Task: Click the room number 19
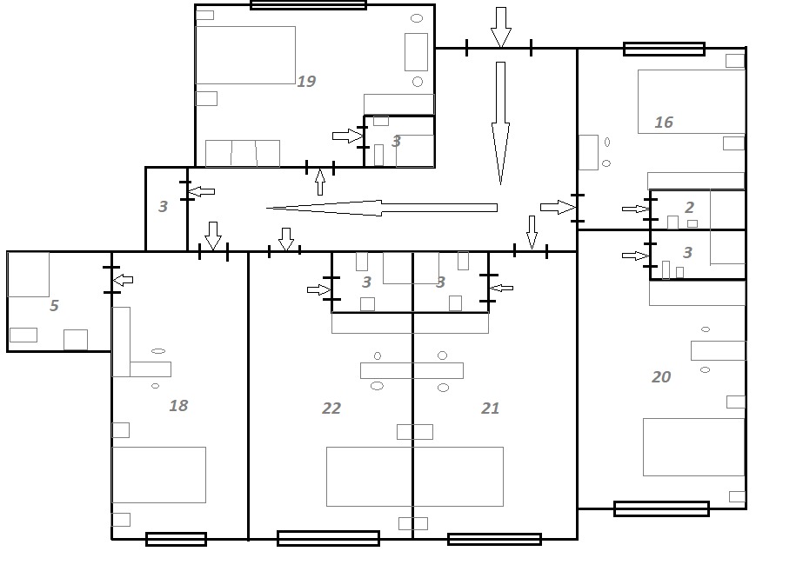pos(306,82)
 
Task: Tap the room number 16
pos(664,123)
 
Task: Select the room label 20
pos(662,376)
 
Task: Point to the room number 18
pos(178,406)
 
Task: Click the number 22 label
pos(331,409)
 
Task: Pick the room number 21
pos(491,409)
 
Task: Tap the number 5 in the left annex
pos(54,306)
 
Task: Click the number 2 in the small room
pos(690,208)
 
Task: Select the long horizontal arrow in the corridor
pos(382,208)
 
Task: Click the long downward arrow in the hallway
pos(500,122)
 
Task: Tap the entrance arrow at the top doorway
pos(500,27)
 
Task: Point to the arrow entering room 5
pos(124,280)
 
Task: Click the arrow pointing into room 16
pos(558,207)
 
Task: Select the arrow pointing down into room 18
pos(213,235)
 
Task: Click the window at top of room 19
pos(308,5)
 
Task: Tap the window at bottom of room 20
pos(661,508)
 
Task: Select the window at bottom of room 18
pos(176,539)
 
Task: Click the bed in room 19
pos(245,55)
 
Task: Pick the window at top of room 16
pos(664,49)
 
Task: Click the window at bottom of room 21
pos(494,539)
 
